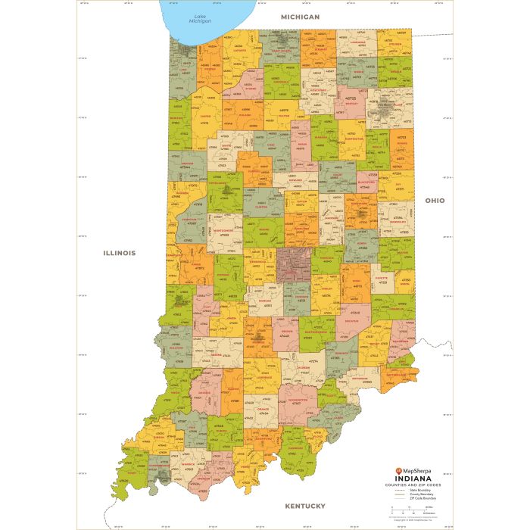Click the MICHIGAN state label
[300, 16]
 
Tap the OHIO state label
[435, 201]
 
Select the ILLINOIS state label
[120, 253]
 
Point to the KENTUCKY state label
[304, 505]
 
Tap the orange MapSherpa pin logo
[389, 469]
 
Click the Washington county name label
[298, 399]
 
